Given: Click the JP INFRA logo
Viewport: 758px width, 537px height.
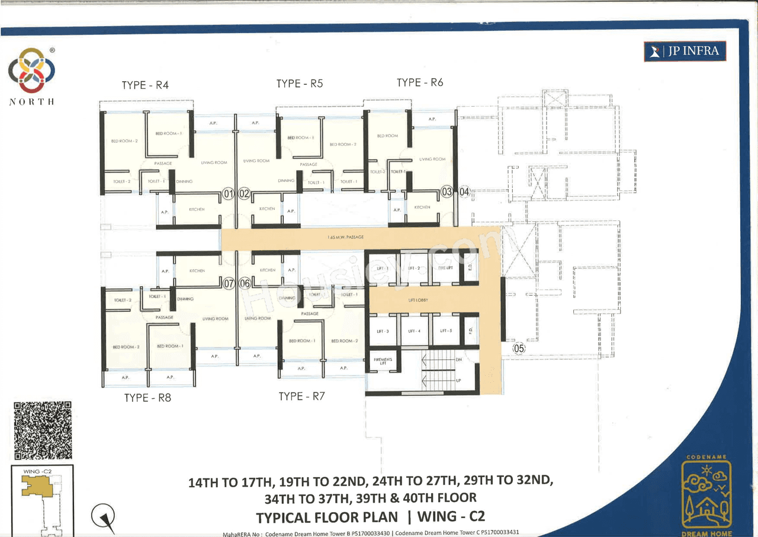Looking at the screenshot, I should tap(685, 52).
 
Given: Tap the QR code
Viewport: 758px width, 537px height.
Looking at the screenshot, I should tap(43, 431).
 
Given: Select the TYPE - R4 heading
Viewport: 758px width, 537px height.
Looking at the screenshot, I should tap(145, 85).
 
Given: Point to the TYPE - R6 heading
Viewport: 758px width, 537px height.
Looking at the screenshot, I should tap(420, 83).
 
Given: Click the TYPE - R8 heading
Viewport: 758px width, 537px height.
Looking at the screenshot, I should tap(147, 398).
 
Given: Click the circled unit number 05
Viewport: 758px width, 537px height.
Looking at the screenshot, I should tap(519, 349).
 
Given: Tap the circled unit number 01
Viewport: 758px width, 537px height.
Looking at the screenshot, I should tap(228, 193).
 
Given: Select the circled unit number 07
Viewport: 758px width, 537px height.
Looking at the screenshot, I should tap(230, 284).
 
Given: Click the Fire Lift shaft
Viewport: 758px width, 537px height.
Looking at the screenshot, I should tap(445, 268).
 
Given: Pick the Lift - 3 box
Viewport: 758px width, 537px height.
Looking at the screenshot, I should tap(383, 331).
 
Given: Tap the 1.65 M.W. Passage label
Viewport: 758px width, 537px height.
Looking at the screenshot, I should tap(345, 237).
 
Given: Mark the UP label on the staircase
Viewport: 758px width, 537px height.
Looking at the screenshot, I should tap(458, 379).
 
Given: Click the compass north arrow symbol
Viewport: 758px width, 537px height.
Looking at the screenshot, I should tap(104, 517).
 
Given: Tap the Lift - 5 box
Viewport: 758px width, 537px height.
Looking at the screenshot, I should tap(446, 331).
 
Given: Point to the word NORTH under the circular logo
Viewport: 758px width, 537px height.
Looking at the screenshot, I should tap(32, 102).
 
